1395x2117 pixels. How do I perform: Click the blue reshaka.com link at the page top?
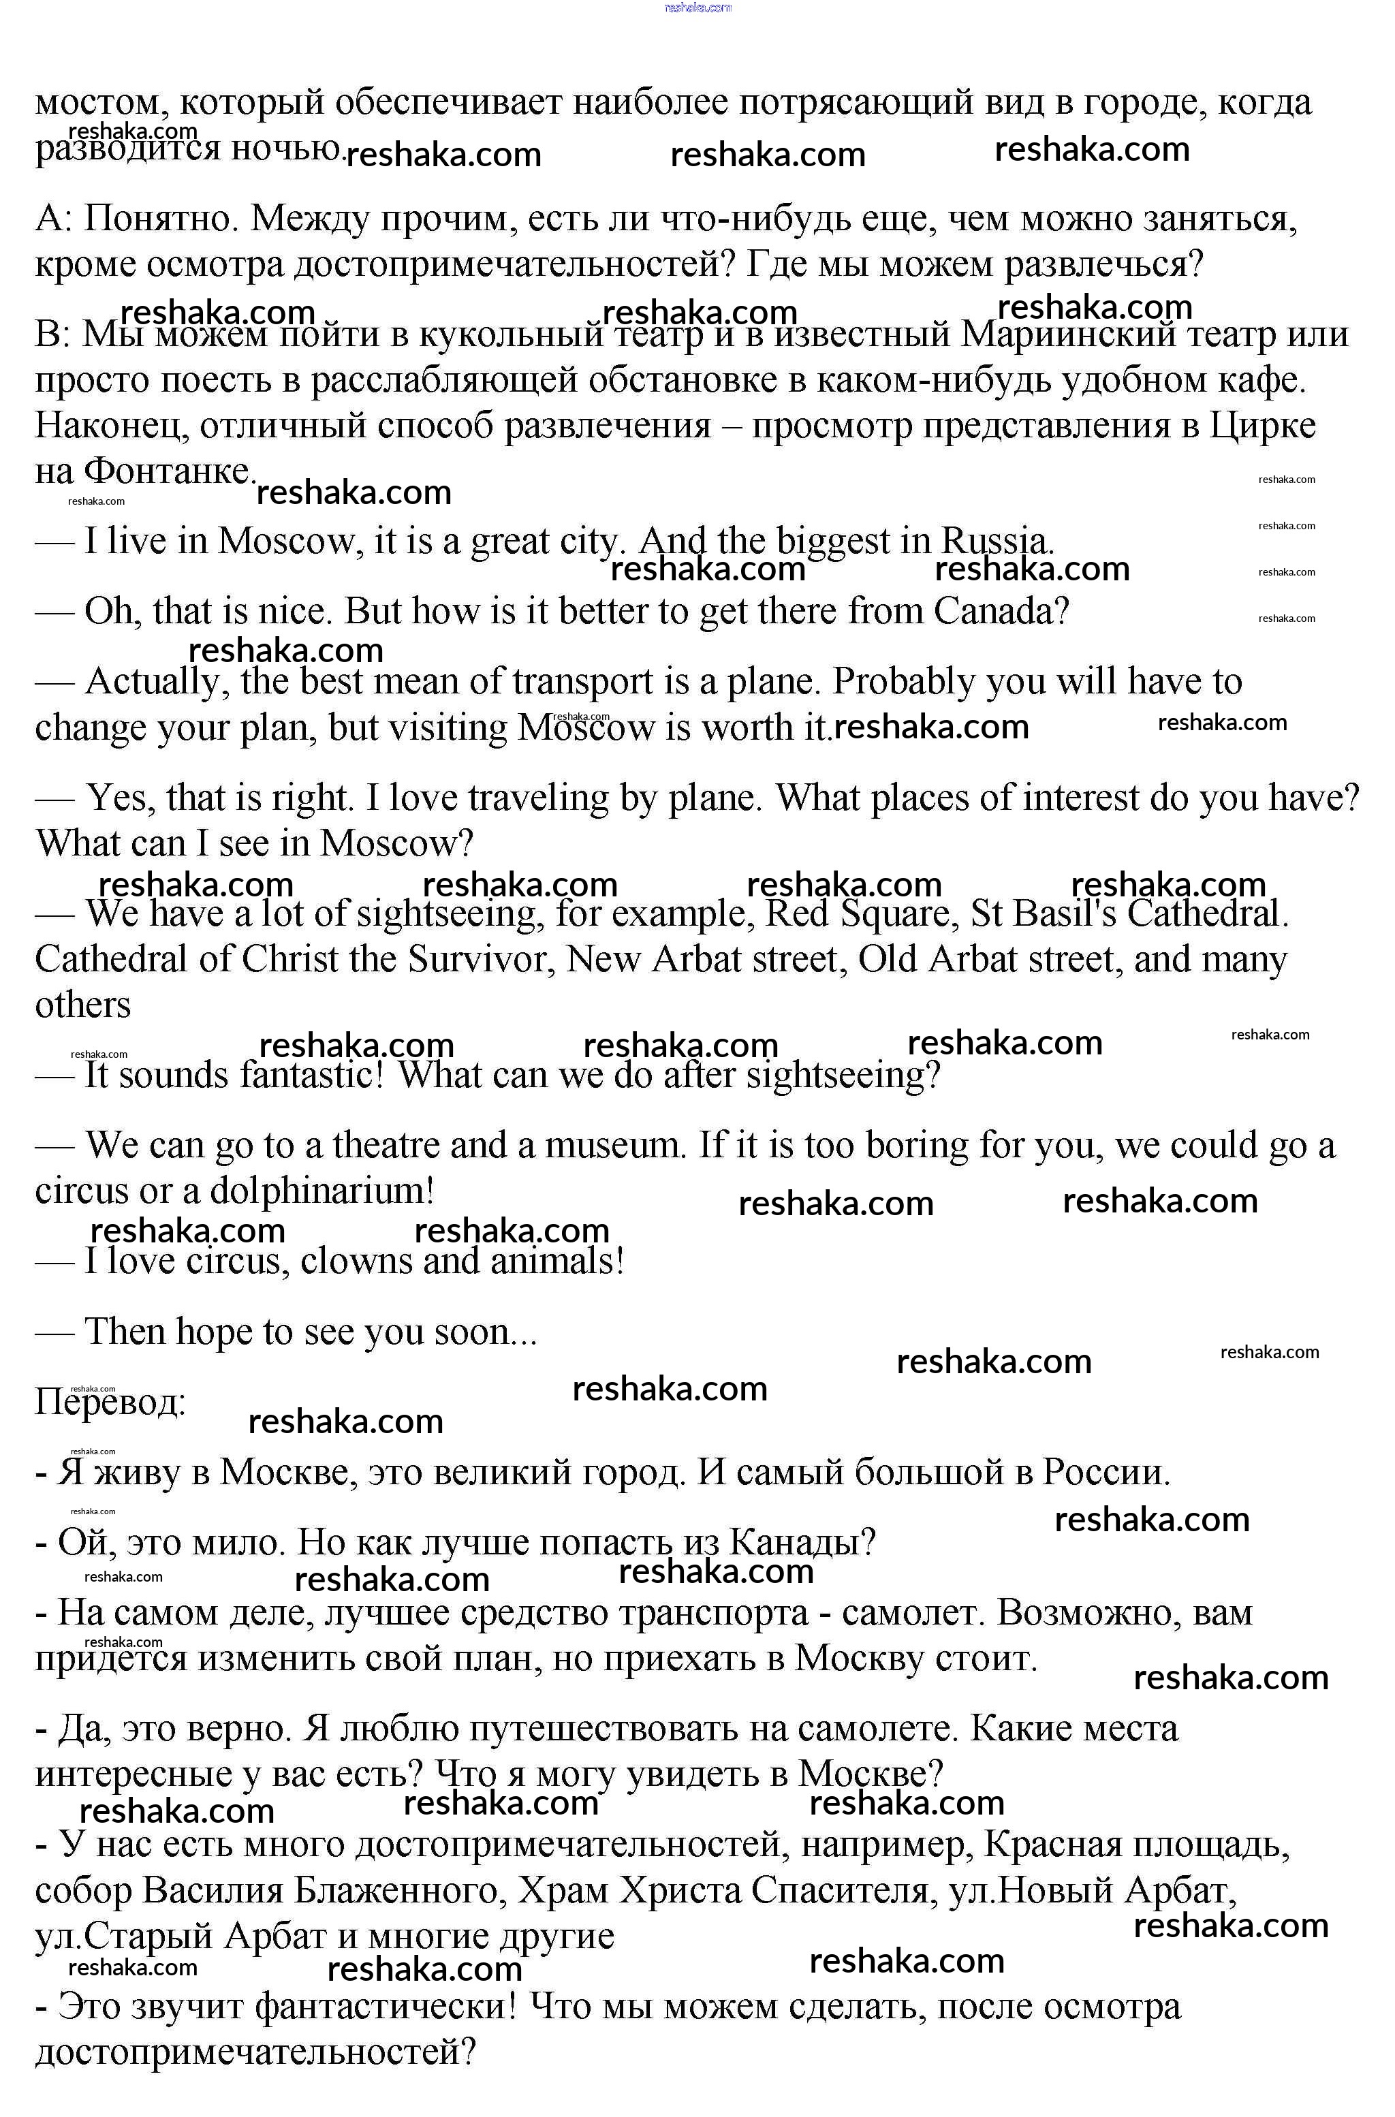pos(697,7)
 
